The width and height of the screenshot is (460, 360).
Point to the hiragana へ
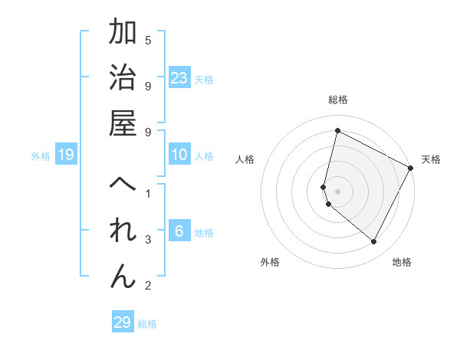[123, 185]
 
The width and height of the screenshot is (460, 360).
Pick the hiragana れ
[123, 231]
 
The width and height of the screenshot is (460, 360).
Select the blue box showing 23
[179, 77]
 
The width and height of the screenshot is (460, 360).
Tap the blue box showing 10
[179, 155]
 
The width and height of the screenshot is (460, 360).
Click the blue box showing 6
[179, 231]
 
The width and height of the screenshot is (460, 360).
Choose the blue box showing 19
[66, 155]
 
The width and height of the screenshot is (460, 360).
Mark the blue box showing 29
[123, 322]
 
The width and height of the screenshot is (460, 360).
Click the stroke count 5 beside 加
[148, 40]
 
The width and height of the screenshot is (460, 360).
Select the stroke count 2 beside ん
[148, 286]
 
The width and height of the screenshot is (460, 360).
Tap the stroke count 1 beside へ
[148, 194]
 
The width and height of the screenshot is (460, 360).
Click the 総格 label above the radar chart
[338, 100]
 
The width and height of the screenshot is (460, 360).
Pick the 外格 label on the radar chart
[270, 262]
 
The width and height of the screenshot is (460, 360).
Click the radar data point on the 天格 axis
[411, 168]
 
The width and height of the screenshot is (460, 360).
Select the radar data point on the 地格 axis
[374, 242]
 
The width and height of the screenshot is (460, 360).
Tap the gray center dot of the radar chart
[338, 191]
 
